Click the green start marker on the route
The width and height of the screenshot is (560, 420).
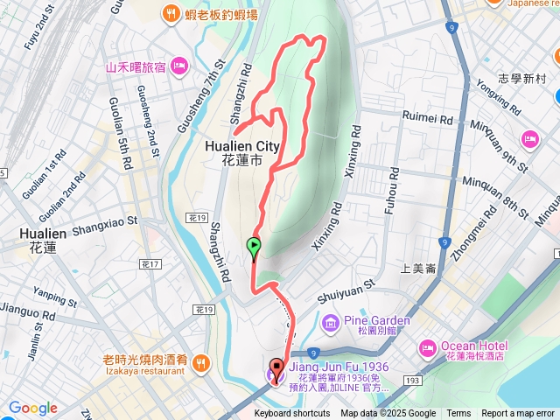coord(254,247)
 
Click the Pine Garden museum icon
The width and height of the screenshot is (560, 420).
coord(330,324)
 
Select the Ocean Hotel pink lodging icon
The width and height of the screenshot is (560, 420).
coord(427,346)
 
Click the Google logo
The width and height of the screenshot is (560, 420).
coord(33,408)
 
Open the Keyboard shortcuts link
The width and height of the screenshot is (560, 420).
coord(292,414)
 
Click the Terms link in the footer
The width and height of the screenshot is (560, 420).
coord(458,414)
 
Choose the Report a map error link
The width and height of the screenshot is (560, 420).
coord(518,414)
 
